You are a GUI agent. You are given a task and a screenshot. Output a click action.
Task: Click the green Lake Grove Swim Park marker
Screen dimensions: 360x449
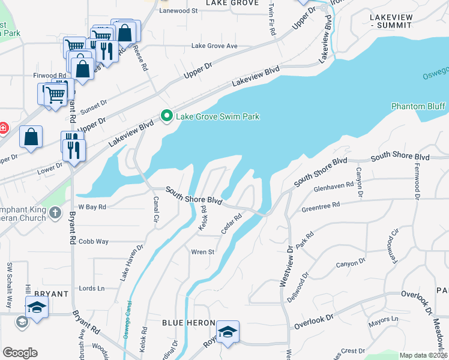point(166,116)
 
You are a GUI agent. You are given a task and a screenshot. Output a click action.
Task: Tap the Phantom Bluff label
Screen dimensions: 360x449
point(418,106)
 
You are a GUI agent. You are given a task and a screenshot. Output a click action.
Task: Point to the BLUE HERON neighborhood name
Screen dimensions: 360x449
point(184,323)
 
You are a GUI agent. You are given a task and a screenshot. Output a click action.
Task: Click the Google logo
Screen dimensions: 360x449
point(20,352)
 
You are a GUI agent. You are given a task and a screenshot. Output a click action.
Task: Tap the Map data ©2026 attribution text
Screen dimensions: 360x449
point(423,355)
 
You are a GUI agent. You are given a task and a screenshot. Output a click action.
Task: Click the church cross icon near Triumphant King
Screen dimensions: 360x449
point(55,212)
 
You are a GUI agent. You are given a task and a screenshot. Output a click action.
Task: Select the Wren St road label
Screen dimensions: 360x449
point(202,252)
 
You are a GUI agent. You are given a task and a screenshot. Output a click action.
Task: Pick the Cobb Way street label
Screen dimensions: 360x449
point(93,241)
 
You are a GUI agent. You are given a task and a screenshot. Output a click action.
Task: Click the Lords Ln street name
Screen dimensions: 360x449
point(92,289)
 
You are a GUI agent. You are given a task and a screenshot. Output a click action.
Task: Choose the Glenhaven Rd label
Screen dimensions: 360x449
point(333,187)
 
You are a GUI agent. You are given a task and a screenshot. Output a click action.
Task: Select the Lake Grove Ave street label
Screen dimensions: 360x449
point(214,46)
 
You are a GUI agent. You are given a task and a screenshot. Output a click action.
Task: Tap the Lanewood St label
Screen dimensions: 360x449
point(178,11)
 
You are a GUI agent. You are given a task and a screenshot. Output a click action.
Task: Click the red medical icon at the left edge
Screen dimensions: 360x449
point(3,128)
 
